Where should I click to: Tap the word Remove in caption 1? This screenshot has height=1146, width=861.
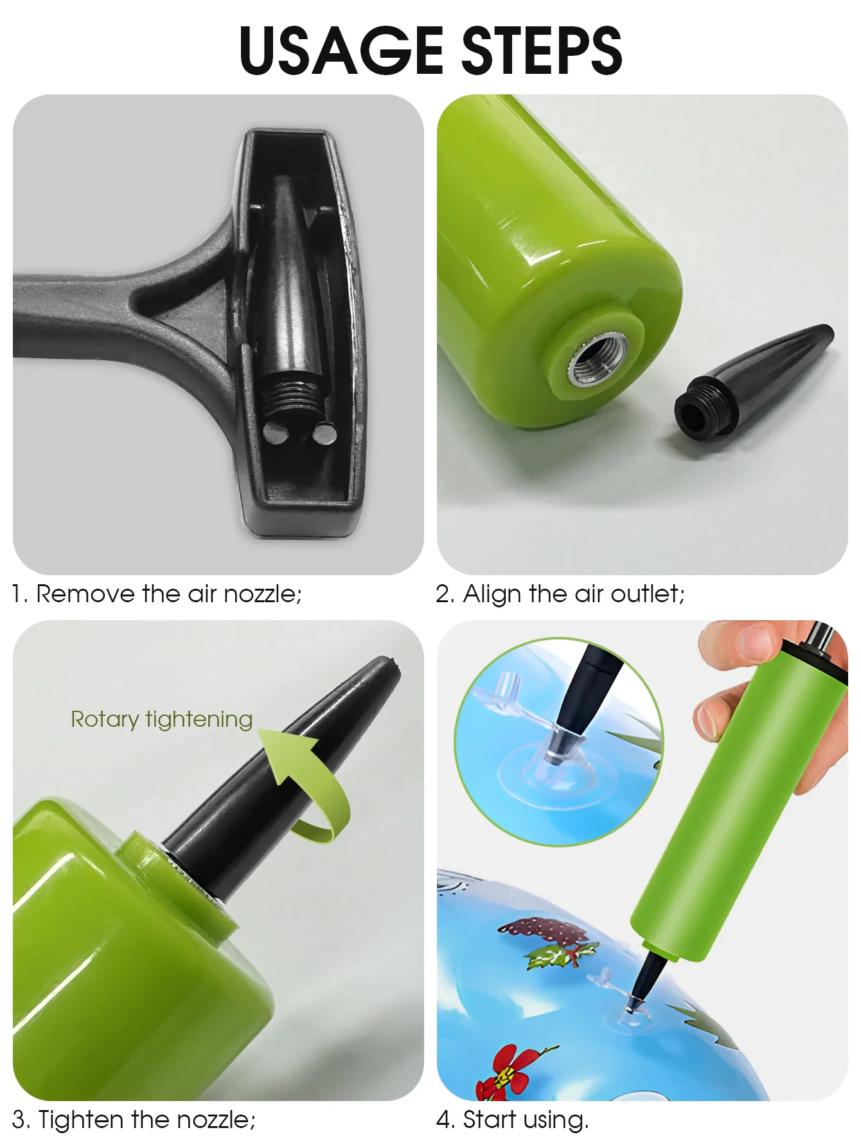click(x=86, y=594)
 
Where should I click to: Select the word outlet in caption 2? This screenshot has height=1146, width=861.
click(x=647, y=594)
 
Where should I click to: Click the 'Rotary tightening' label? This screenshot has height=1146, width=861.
click(x=161, y=720)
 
